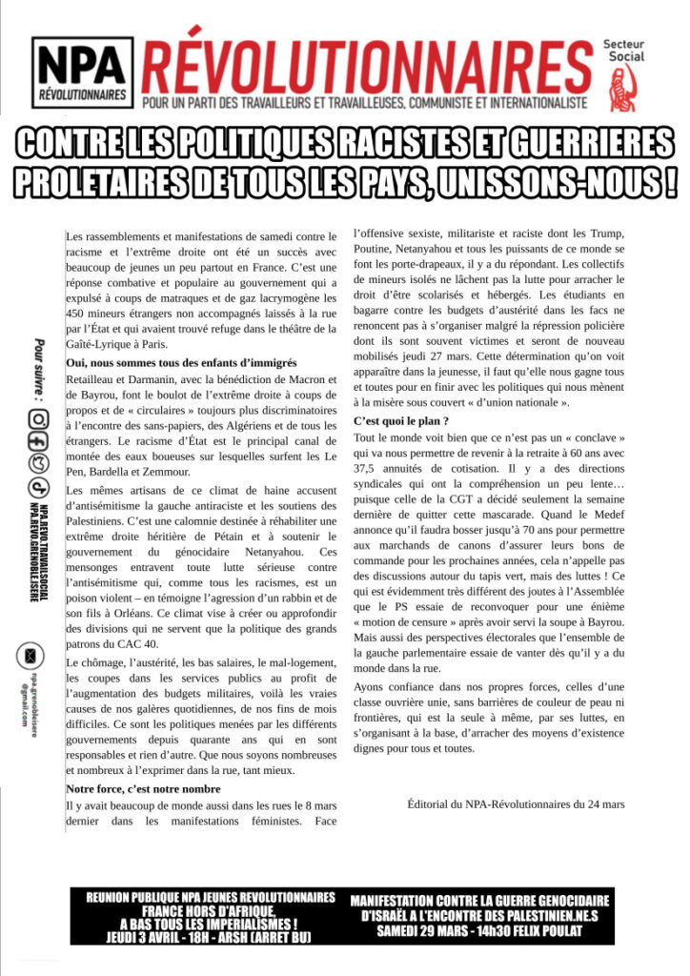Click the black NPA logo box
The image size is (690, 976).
click(x=82, y=72)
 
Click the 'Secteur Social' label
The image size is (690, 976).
click(x=623, y=51)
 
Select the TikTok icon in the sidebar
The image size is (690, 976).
click(x=37, y=486)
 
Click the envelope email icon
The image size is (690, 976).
click(x=31, y=656)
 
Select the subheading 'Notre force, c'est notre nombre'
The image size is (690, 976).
click(x=143, y=789)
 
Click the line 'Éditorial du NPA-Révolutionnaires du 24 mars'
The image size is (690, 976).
click(x=516, y=804)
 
